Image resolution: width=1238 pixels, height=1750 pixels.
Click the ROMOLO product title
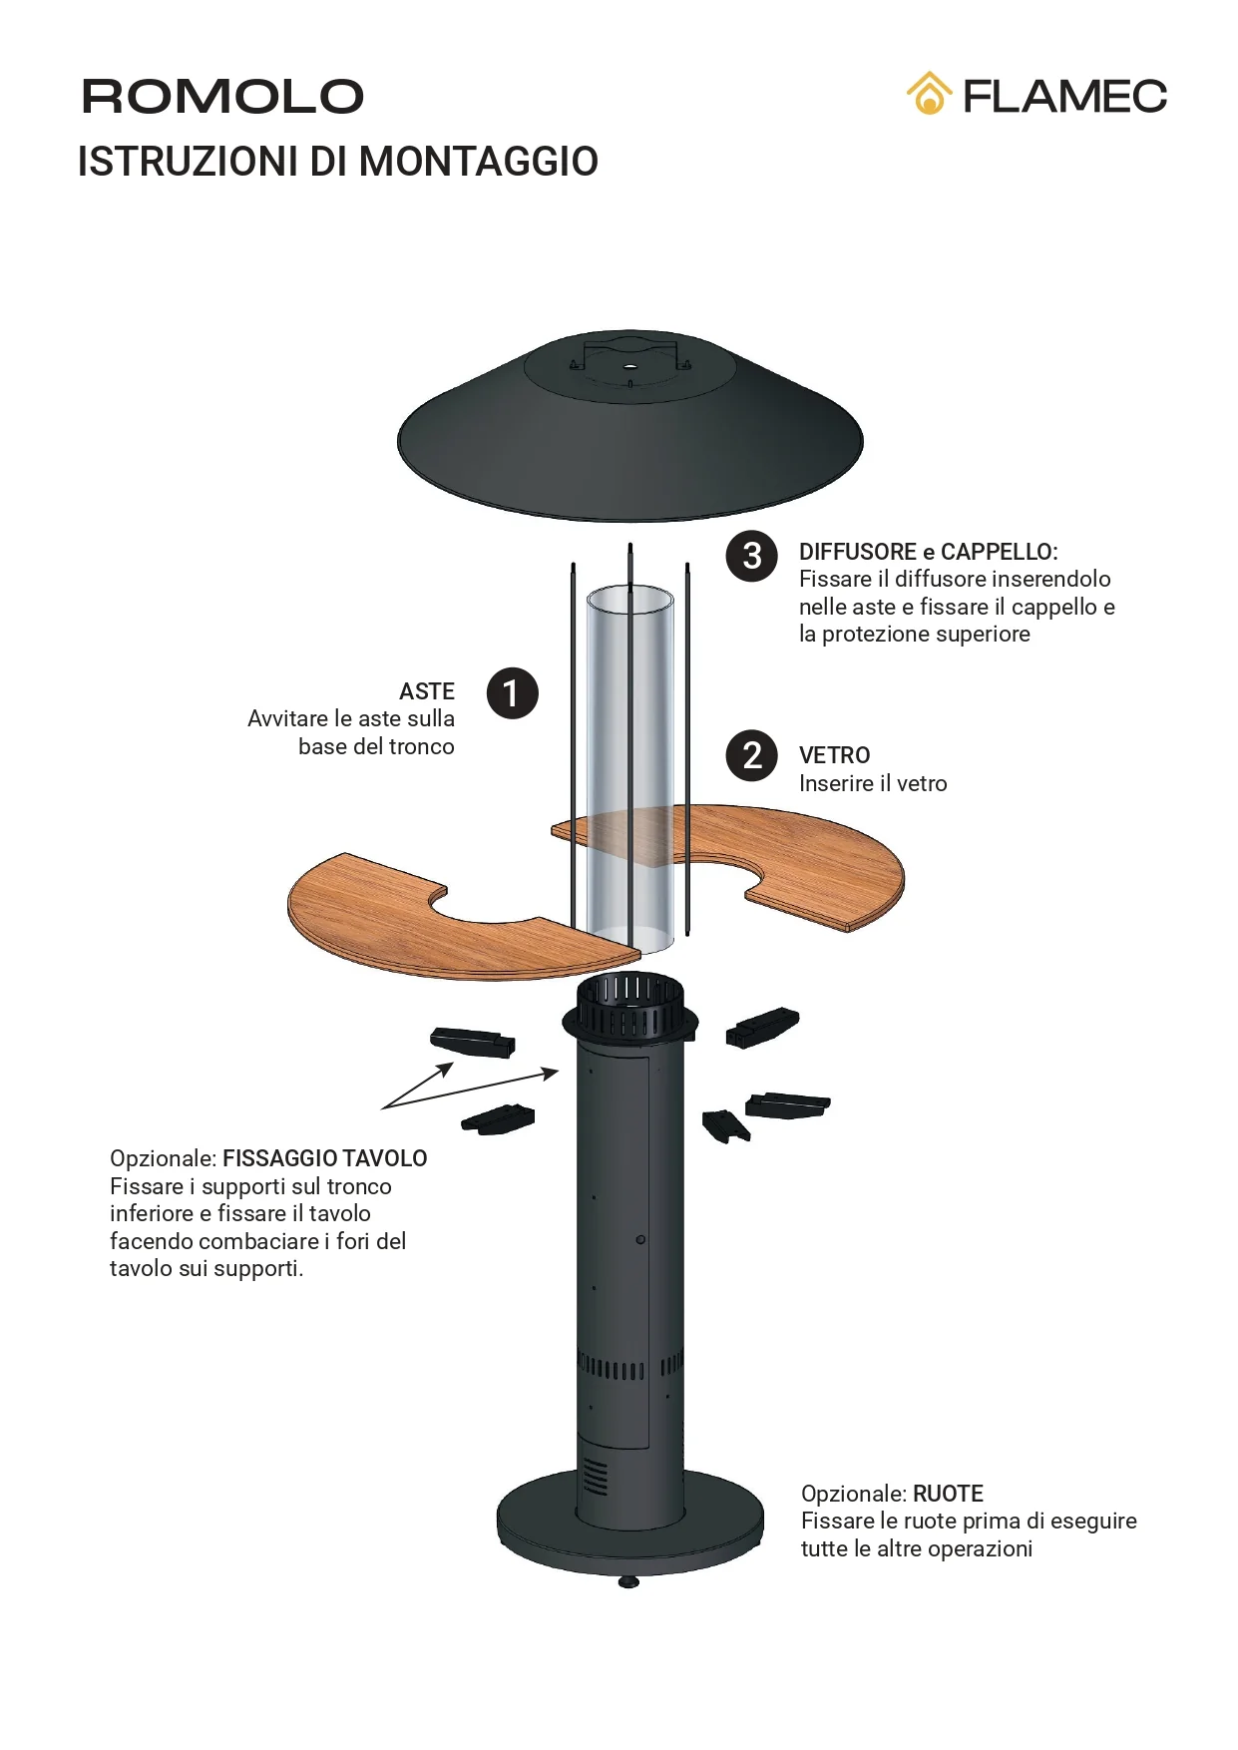tap(222, 97)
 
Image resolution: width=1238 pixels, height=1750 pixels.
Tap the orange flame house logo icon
tap(929, 94)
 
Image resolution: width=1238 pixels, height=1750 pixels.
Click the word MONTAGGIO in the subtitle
tap(478, 162)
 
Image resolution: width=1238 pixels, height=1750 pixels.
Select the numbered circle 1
tap(512, 693)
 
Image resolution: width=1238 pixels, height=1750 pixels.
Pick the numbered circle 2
tap(751, 755)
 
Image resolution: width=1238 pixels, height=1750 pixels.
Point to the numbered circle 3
tap(751, 556)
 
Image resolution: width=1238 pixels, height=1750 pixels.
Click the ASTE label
tap(427, 691)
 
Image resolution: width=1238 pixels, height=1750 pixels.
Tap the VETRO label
tap(835, 755)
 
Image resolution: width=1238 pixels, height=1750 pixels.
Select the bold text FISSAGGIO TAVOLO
tap(325, 1158)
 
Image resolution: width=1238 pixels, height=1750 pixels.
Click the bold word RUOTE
tap(948, 1494)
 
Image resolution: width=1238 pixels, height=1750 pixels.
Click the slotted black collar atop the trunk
tap(630, 1008)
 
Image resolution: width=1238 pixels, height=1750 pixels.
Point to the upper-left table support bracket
tap(473, 1042)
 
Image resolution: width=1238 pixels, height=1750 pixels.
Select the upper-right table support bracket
tap(762, 1027)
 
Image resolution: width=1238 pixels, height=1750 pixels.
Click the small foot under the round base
tap(628, 1581)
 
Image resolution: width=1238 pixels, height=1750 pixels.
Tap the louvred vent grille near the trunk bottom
tap(596, 1476)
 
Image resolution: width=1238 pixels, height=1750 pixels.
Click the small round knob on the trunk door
tap(640, 1239)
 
